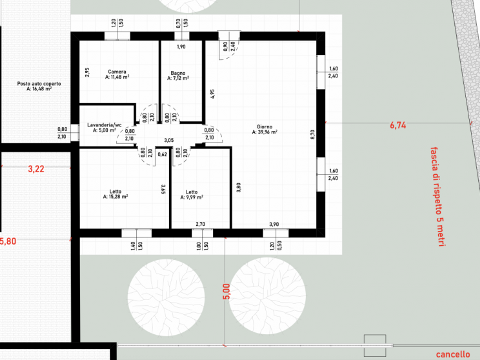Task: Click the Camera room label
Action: (x=117, y=72)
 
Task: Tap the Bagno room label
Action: (x=178, y=73)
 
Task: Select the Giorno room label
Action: (x=265, y=126)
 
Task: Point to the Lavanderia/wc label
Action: (x=104, y=125)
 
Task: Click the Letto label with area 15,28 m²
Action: (x=115, y=191)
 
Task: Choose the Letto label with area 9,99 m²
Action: (x=192, y=192)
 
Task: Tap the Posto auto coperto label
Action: (x=39, y=84)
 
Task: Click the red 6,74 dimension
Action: (x=398, y=125)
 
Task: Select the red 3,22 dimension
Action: (x=36, y=169)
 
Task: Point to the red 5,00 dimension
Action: (x=226, y=291)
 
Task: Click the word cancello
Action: (x=453, y=354)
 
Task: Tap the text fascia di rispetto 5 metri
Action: (x=438, y=197)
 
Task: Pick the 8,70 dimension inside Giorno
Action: (x=312, y=135)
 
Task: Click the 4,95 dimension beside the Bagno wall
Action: (x=212, y=94)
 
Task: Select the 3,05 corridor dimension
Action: (x=169, y=140)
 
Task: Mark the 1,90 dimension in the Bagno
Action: (x=181, y=47)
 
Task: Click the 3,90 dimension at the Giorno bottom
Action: (x=274, y=224)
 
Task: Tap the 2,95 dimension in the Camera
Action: (x=87, y=72)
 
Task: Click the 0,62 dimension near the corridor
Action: (x=162, y=154)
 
